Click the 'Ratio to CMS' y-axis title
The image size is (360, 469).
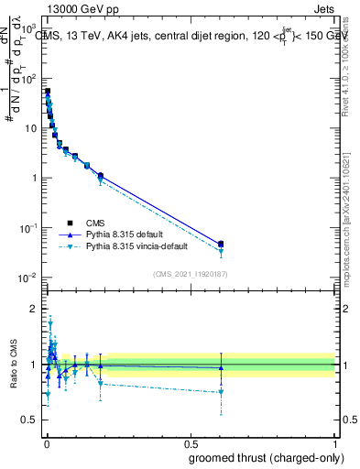[13, 364]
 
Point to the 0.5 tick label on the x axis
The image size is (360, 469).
[191, 442]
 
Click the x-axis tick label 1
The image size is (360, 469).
[334, 442]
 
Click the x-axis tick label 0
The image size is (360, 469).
[47, 442]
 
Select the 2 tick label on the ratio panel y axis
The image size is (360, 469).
[34, 309]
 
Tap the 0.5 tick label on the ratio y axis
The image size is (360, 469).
[29, 420]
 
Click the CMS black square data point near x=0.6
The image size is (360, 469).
[221, 244]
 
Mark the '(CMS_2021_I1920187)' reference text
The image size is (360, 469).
[190, 274]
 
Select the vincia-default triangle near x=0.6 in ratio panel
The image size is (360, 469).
[221, 392]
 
